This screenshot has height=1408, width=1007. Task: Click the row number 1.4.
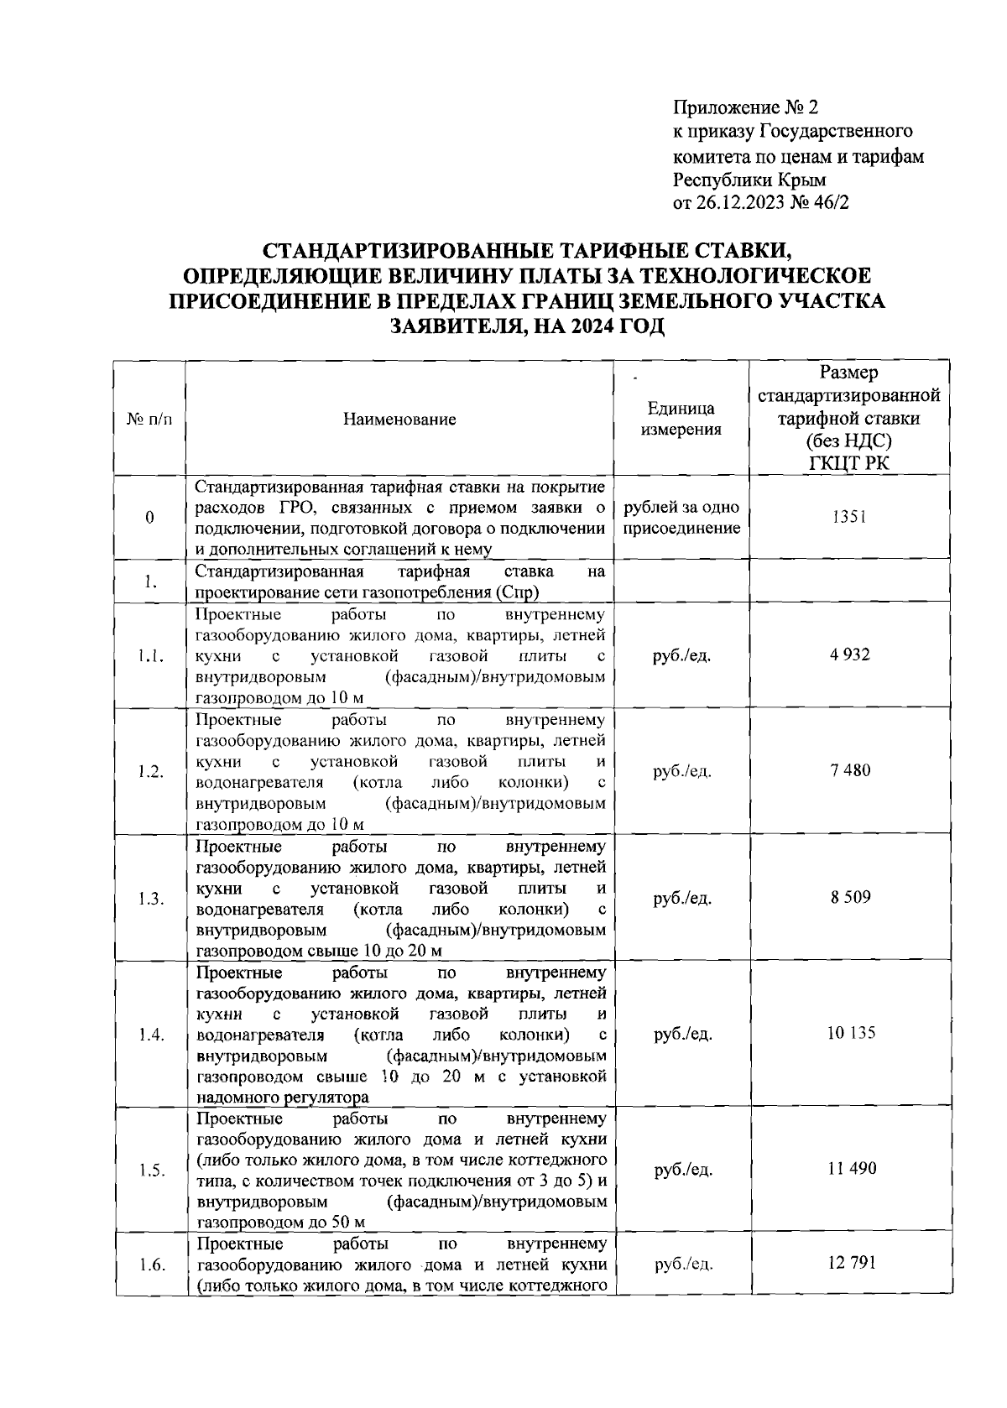pyautogui.click(x=150, y=1034)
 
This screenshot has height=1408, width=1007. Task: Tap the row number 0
pyautogui.click(x=150, y=518)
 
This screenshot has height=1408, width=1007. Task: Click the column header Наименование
pyautogui.click(x=399, y=420)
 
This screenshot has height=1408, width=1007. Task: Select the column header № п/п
pyautogui.click(x=149, y=420)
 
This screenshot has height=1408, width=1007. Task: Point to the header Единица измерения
pyautogui.click(x=681, y=420)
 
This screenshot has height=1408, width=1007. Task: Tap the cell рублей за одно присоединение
pyautogui.click(x=681, y=518)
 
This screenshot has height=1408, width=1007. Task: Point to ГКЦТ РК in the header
pyautogui.click(x=848, y=462)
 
